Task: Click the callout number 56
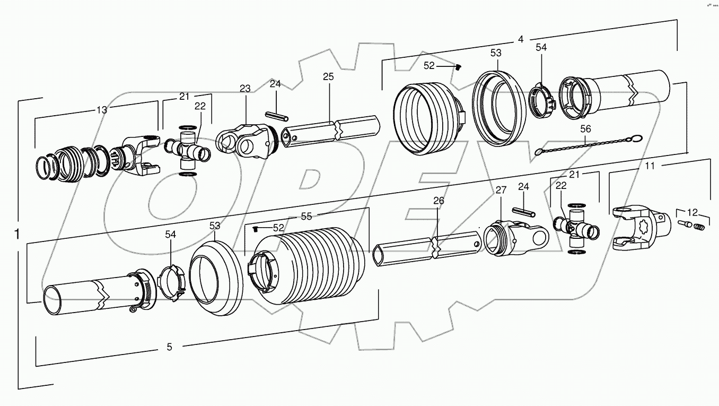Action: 585,129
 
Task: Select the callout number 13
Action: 101,110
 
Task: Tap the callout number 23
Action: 244,89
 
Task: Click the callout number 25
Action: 328,77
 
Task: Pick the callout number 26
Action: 438,201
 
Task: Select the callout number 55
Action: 307,216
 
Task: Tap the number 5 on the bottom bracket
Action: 169,347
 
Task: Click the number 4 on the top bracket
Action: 520,39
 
